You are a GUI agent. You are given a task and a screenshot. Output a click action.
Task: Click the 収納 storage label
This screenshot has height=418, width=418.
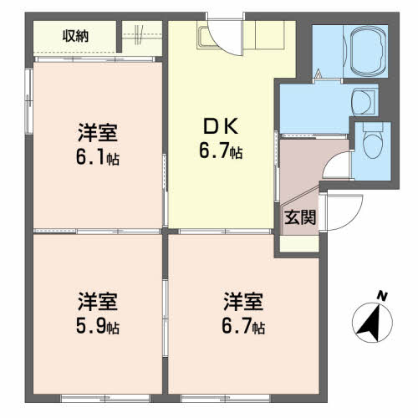pyautogui.click(x=75, y=36)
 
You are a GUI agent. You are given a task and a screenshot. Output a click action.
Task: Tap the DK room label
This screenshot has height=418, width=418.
pyautogui.click(x=221, y=126)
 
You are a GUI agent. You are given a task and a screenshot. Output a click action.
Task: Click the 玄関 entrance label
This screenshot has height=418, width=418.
pyautogui.click(x=300, y=217)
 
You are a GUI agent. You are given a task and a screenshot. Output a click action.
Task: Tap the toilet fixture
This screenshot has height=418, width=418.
pyautogui.click(x=373, y=140)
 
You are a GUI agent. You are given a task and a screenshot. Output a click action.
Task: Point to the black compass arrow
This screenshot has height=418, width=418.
pyautogui.click(x=370, y=324)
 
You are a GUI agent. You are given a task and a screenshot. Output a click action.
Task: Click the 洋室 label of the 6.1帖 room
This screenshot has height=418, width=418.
pyautogui.click(x=98, y=132)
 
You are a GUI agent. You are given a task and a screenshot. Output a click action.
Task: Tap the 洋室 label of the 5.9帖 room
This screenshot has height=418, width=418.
pyautogui.click(x=98, y=301)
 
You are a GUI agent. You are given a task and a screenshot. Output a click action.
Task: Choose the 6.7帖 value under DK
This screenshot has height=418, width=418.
pyautogui.click(x=221, y=150)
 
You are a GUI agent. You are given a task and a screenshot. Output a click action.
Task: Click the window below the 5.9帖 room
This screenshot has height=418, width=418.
pyautogui.click(x=106, y=398)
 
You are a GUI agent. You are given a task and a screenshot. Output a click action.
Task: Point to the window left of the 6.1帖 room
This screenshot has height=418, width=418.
pyautogui.click(x=28, y=101)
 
